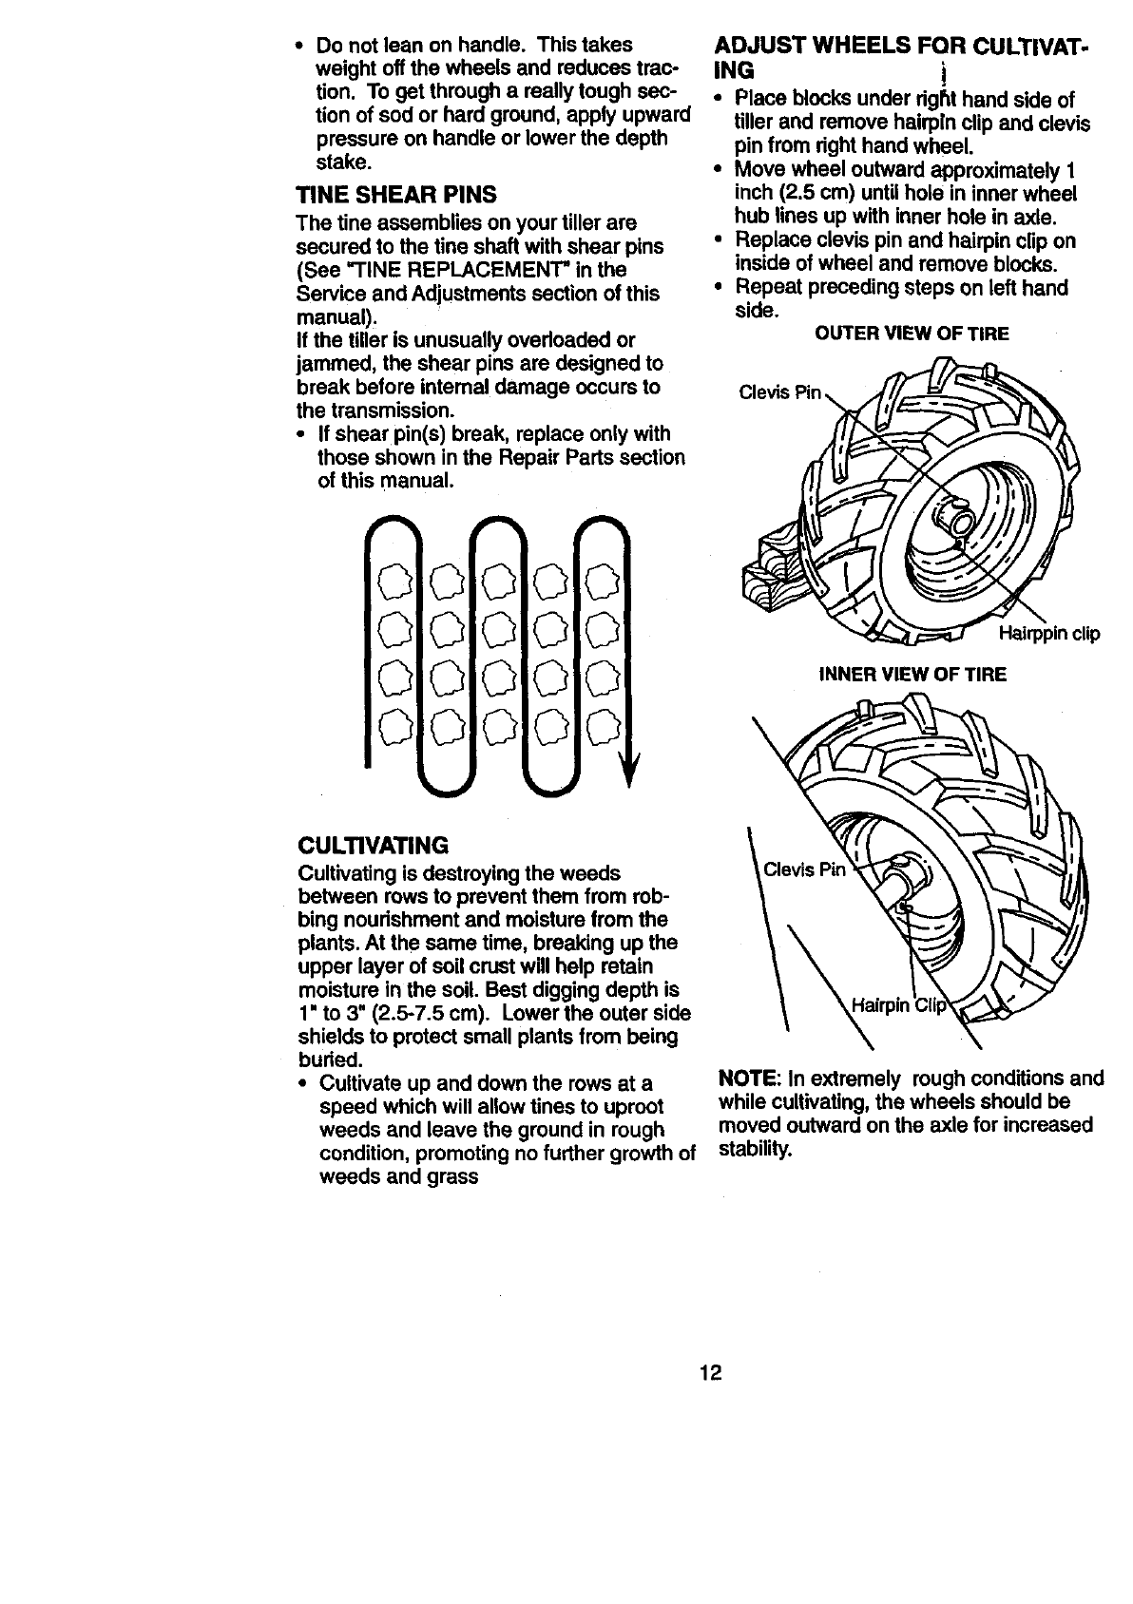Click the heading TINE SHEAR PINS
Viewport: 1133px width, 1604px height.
coord(396,196)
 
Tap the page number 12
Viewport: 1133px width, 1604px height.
coord(712,1373)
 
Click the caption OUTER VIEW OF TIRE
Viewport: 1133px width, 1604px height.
coord(912,334)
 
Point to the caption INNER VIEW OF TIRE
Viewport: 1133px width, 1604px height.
coord(912,674)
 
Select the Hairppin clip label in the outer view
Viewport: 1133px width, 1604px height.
coord(1048,634)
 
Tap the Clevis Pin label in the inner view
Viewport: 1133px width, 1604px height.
coord(804,868)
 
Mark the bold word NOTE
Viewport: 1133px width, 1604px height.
coord(749,1079)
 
